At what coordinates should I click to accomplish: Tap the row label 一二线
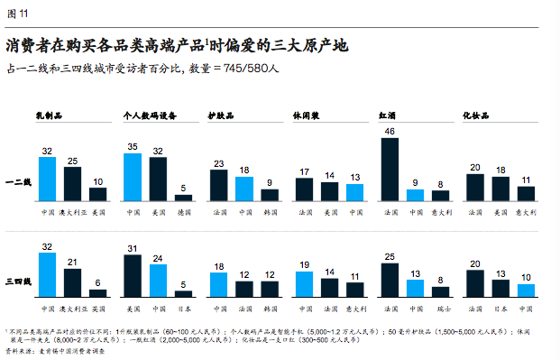point(20,182)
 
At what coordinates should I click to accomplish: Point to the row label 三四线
point(20,282)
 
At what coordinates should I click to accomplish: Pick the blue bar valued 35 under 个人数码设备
point(133,176)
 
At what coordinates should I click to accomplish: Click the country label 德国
point(183,213)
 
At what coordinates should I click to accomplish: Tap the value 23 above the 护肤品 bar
point(218,163)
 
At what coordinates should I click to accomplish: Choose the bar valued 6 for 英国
point(97,293)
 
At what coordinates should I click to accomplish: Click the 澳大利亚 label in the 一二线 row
point(72,213)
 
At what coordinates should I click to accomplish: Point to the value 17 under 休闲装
point(304,170)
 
